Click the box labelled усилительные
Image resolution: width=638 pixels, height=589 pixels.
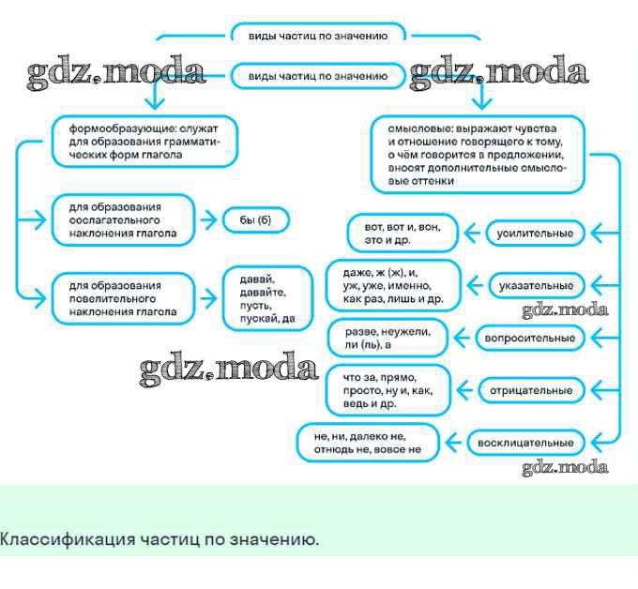(535, 233)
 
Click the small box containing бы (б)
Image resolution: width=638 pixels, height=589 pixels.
(254, 220)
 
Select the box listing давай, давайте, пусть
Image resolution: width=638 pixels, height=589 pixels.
(266, 299)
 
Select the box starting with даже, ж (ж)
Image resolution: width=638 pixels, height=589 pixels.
(393, 284)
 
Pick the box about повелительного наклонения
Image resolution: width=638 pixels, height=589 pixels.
(122, 299)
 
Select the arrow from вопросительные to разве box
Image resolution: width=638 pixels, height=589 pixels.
(463, 337)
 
